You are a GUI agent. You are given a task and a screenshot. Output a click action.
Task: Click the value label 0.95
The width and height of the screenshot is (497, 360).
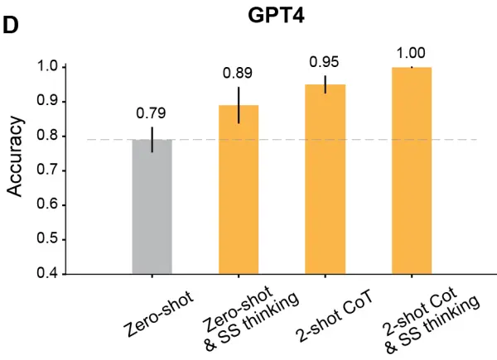tap(326, 62)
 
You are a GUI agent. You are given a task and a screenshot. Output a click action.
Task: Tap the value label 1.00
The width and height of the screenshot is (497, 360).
tap(412, 53)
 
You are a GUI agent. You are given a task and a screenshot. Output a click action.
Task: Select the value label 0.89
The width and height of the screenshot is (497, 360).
tap(239, 73)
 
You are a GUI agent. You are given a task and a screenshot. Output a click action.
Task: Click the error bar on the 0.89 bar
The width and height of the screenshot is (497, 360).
tap(239, 105)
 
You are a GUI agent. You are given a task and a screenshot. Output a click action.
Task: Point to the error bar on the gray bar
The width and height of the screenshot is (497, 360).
tap(152, 139)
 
